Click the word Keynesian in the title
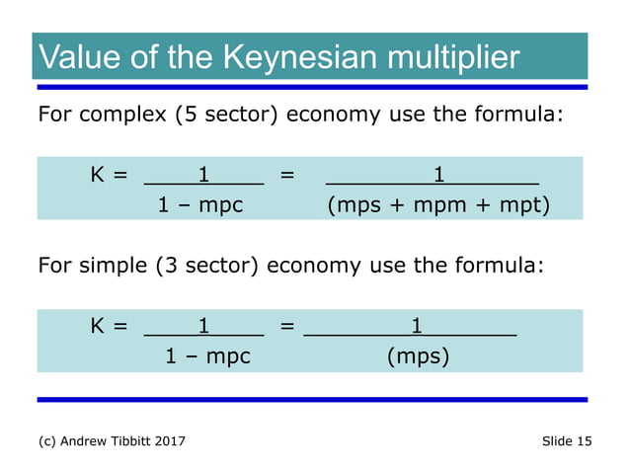pyautogui.click(x=286, y=57)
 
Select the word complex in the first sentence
pyautogui.click(x=126, y=114)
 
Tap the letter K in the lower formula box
pyautogui.click(x=97, y=325)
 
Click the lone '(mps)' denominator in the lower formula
pyautogui.click(x=419, y=355)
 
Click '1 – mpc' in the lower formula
pyautogui.click(x=207, y=355)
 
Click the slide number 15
pyautogui.click(x=584, y=440)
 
